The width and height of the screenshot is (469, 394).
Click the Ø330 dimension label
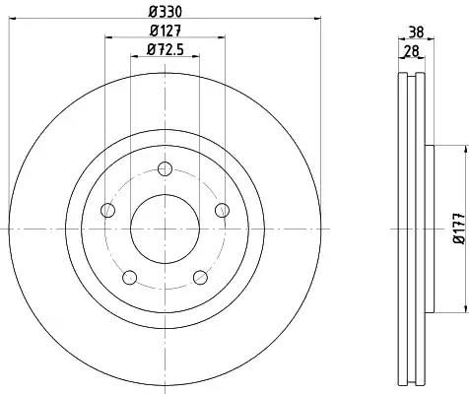(x=165, y=12)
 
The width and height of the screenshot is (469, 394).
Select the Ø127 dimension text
(x=166, y=32)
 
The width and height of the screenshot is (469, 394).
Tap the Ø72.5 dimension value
(x=165, y=50)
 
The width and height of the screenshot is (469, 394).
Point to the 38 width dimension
(x=416, y=33)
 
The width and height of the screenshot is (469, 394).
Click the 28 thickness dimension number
(x=411, y=51)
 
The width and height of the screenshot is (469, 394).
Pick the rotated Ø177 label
(x=459, y=229)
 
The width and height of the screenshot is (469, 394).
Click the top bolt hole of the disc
(x=165, y=169)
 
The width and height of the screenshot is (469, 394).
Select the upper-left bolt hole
(x=107, y=210)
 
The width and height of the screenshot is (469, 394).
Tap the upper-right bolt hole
(x=223, y=210)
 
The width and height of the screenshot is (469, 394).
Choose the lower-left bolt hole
(x=129, y=278)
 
